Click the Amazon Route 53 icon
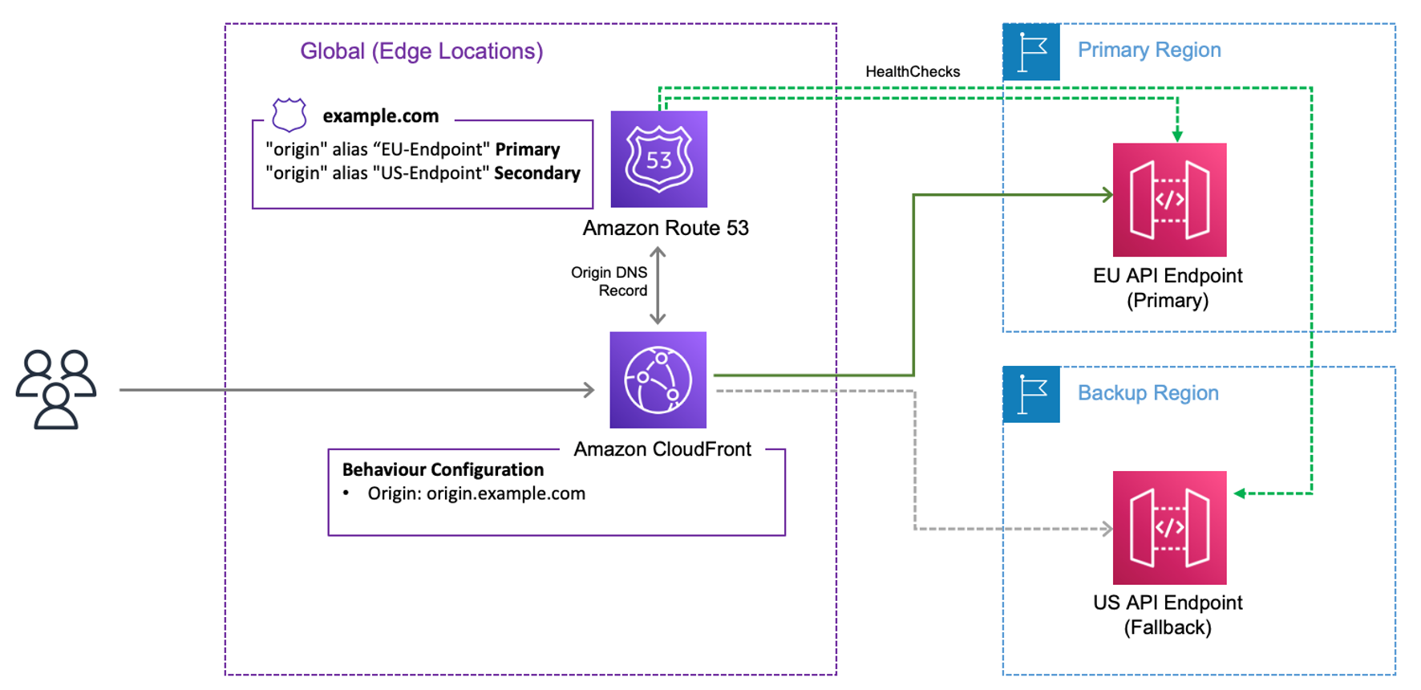pos(658,159)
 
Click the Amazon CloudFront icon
pos(658,379)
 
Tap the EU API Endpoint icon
pos(1169,200)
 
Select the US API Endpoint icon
pos(1169,527)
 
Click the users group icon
pos(56,389)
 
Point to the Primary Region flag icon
pos(1031,52)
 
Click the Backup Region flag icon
pos(1031,395)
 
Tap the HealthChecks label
pos(913,71)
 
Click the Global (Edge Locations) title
pos(421,51)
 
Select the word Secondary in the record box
pos(536,173)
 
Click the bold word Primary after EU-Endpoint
pos(527,149)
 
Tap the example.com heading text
pos(380,116)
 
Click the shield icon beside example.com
pos(289,115)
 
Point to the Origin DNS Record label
pos(609,282)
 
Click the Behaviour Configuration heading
pos(443,469)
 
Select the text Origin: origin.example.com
pos(476,493)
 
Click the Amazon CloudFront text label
pos(662,449)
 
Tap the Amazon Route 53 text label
pos(666,228)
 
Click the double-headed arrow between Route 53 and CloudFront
pos(658,286)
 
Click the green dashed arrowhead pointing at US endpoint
pos(1240,493)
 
